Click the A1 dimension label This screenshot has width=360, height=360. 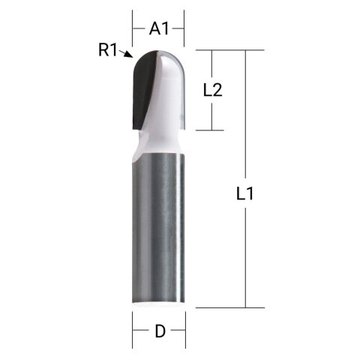pos(158,28)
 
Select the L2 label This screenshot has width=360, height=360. pos(214,90)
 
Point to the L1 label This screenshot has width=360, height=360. pos(245,193)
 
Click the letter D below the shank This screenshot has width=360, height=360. pos(159,331)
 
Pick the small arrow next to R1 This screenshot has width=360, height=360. pos(129,55)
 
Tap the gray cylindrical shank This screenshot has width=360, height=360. pos(159,225)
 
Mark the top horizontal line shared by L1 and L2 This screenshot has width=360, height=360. pos(225,49)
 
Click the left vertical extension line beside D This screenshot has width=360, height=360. pos(133,328)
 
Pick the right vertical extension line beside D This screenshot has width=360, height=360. pos(184,328)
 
